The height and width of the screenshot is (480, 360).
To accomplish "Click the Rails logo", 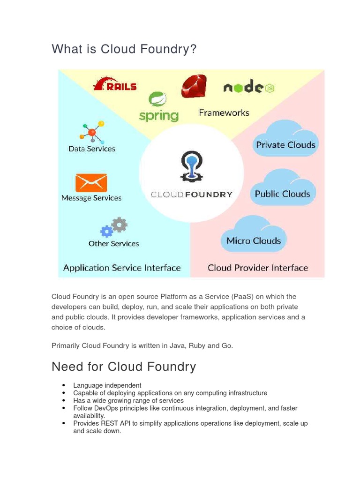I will coord(115,84).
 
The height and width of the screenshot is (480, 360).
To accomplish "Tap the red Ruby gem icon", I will coord(194,86).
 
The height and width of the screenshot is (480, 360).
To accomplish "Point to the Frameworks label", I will coord(224,113).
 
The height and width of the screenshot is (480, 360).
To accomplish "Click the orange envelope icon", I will coord(91,183).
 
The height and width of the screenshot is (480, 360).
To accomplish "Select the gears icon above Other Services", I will coord(114,227).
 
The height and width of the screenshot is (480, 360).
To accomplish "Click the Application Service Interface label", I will coord(122,268).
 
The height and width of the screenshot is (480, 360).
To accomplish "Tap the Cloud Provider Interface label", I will coord(258,268).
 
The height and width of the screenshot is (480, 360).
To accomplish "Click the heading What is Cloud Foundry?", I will coord(124,49).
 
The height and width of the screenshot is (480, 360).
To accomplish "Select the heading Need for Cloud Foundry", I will coord(124,366).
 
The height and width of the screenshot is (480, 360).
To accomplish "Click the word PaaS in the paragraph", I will coord(241,297).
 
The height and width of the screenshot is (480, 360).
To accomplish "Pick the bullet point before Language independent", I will coord(63,385).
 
